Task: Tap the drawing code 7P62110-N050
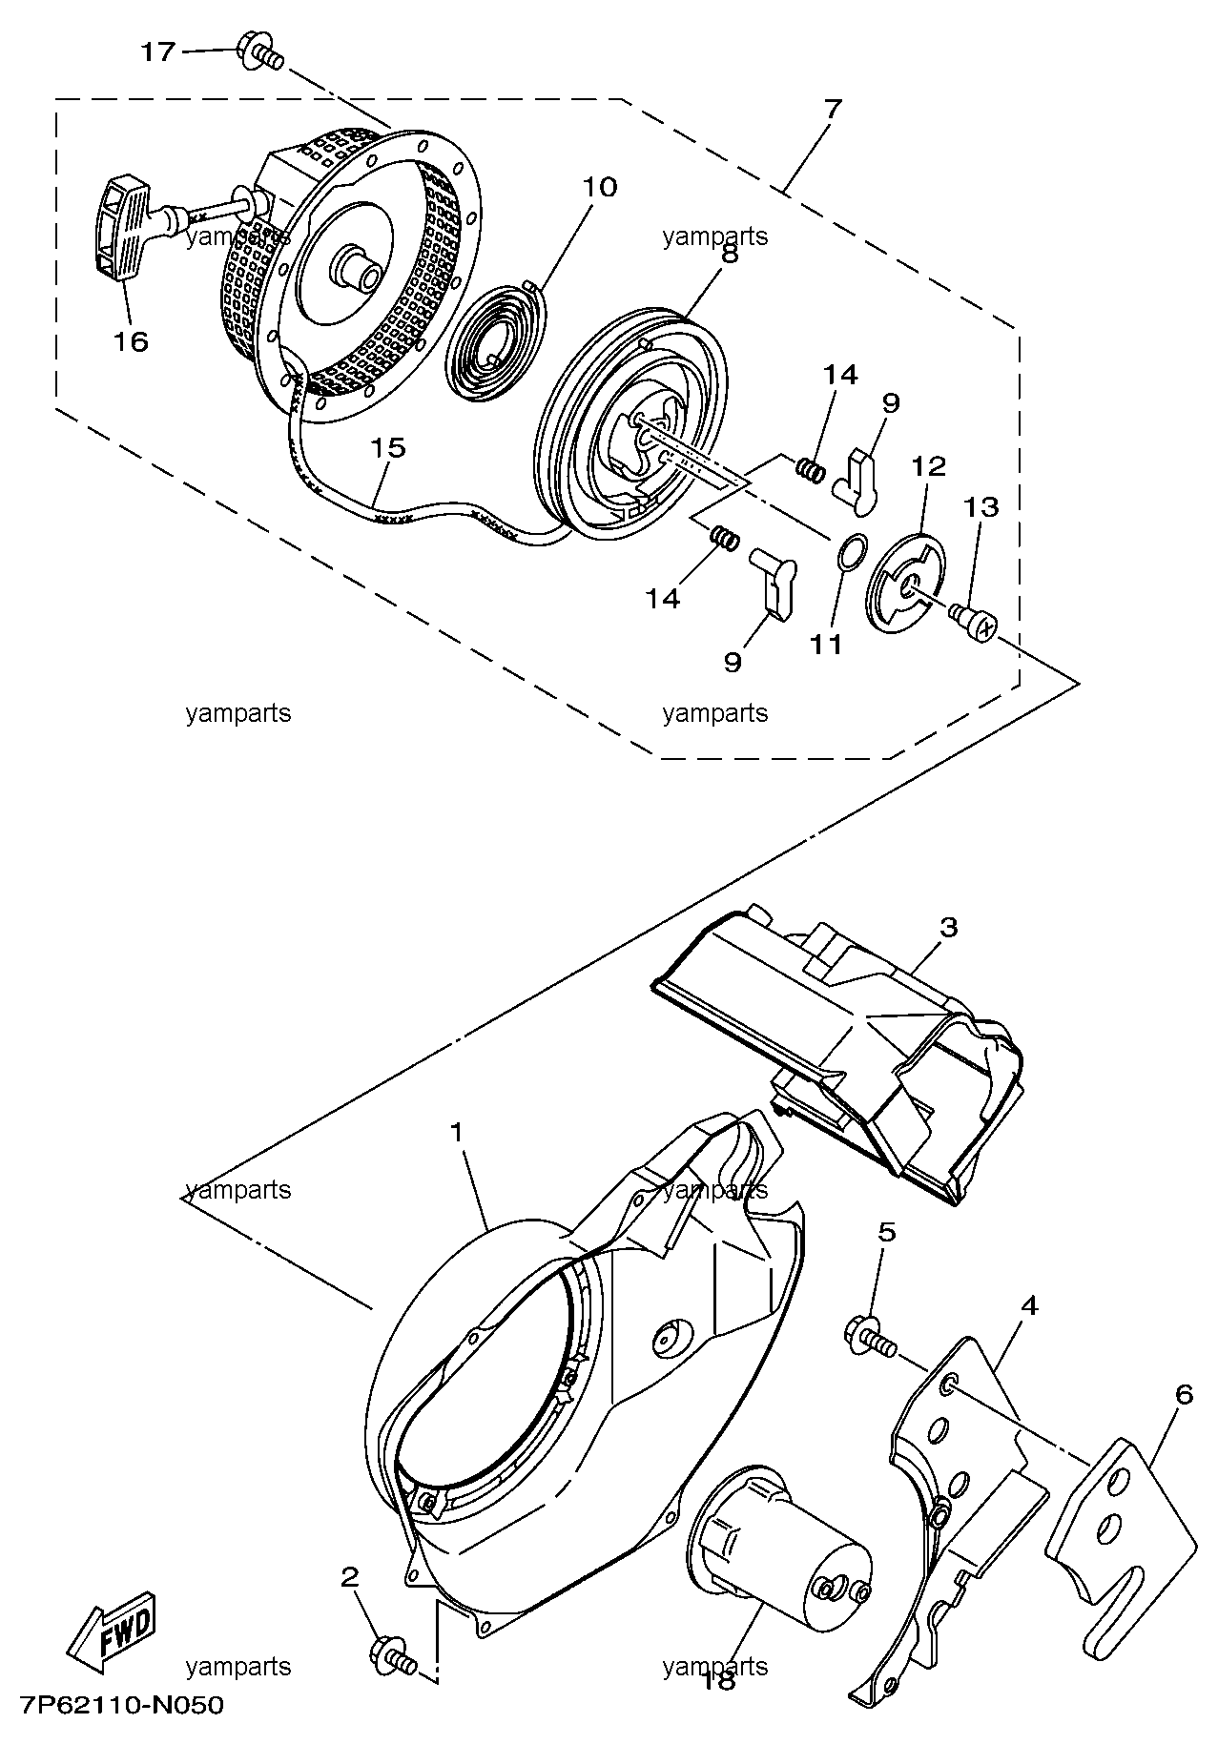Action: point(121,1705)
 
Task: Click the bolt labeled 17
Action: point(259,53)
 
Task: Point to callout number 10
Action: point(600,187)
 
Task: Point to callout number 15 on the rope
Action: point(389,448)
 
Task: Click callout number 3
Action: point(948,927)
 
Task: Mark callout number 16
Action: point(133,340)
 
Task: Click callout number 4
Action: point(1028,1305)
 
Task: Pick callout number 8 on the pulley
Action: point(729,255)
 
